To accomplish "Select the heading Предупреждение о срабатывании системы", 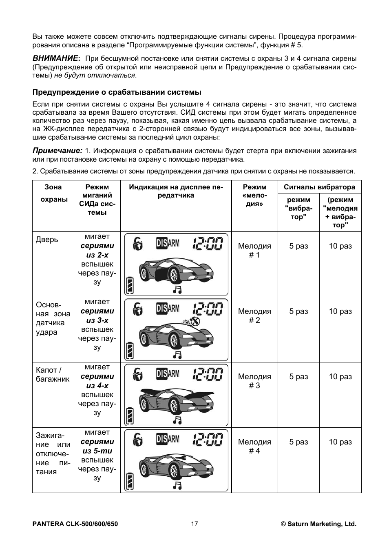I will tap(117, 92).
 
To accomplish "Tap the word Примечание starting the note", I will tap(57, 151).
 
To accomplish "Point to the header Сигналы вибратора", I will tap(319, 187).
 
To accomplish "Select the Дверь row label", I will tap(47, 239).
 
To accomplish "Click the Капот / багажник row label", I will tap(53, 374).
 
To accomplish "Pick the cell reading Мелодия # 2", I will tap(254, 315).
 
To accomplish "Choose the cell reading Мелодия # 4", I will tap(254, 446).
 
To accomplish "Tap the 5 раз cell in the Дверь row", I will tap(298, 246).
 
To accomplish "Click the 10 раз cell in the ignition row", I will tap(340, 442).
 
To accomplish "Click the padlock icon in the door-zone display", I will tap(138, 244).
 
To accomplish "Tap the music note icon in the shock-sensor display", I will tap(177, 354).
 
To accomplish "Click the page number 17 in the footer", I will tap(194, 524).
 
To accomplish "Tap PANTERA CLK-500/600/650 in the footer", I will tap(75, 524).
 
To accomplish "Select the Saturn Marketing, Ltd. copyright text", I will tap(318, 524).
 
